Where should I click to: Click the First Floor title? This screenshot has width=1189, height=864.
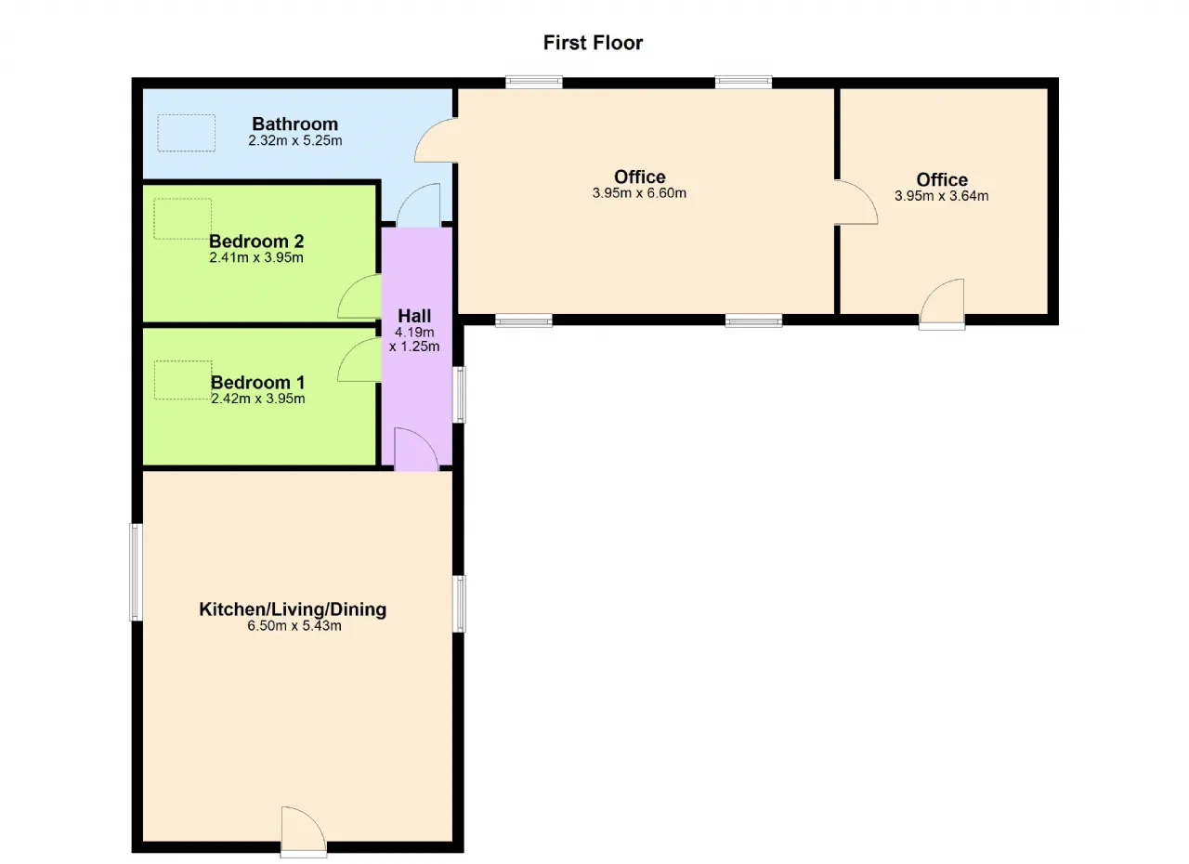tap(593, 43)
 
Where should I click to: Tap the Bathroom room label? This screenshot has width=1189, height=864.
tap(294, 124)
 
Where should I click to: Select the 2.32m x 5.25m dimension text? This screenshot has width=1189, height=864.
tap(294, 140)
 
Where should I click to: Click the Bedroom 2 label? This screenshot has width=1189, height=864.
tap(256, 241)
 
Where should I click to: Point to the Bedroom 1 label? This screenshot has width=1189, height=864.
tap(258, 382)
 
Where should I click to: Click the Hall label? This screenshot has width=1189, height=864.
tap(414, 316)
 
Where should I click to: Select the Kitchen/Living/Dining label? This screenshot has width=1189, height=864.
tap(293, 609)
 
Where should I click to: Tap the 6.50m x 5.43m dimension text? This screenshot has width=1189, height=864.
tap(294, 626)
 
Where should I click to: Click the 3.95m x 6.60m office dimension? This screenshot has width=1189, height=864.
tap(639, 193)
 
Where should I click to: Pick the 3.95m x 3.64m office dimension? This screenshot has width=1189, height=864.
tap(941, 196)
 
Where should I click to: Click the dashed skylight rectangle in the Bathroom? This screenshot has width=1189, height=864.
tap(187, 133)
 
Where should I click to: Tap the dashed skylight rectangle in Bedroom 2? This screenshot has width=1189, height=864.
tap(183, 218)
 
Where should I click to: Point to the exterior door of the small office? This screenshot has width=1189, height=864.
tap(942, 304)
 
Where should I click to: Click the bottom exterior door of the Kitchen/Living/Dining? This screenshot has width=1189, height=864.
tap(304, 831)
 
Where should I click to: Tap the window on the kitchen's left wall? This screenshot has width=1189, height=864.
tap(137, 572)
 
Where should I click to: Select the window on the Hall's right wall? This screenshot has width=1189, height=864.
tap(459, 394)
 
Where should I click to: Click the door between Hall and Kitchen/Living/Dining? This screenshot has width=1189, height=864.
tap(417, 449)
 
